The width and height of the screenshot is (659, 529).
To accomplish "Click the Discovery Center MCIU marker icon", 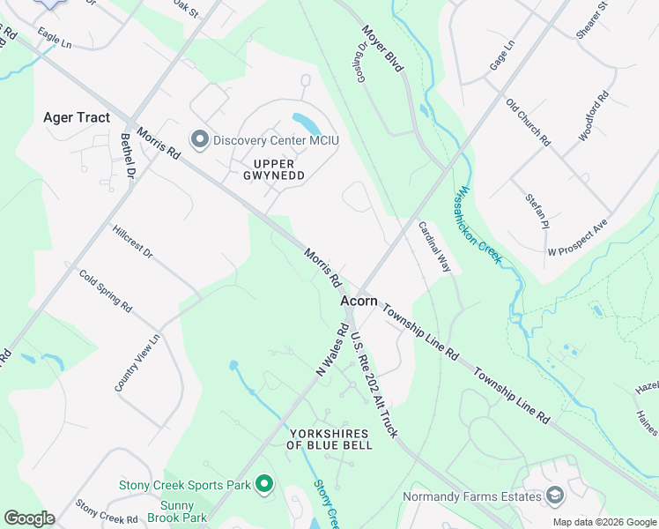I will (200, 140).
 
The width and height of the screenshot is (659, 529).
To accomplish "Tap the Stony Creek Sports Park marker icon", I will (263, 484).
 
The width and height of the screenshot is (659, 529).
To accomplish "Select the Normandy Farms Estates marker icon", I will (554, 496).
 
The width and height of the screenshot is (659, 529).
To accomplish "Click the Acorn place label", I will (359, 301).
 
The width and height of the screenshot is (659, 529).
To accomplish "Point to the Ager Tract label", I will (77, 117).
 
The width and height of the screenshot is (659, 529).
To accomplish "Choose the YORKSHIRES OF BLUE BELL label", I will (329, 438).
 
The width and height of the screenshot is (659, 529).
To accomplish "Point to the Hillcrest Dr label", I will (133, 242).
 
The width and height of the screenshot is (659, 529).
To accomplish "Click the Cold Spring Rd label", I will (105, 292).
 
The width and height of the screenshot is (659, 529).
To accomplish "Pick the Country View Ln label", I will (137, 362).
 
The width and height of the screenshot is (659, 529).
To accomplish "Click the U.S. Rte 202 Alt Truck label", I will (374, 384).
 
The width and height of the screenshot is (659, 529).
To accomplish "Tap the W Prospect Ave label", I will (578, 238).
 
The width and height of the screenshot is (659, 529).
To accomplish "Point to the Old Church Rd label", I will (528, 122).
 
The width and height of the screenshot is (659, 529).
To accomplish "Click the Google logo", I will (29, 518).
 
